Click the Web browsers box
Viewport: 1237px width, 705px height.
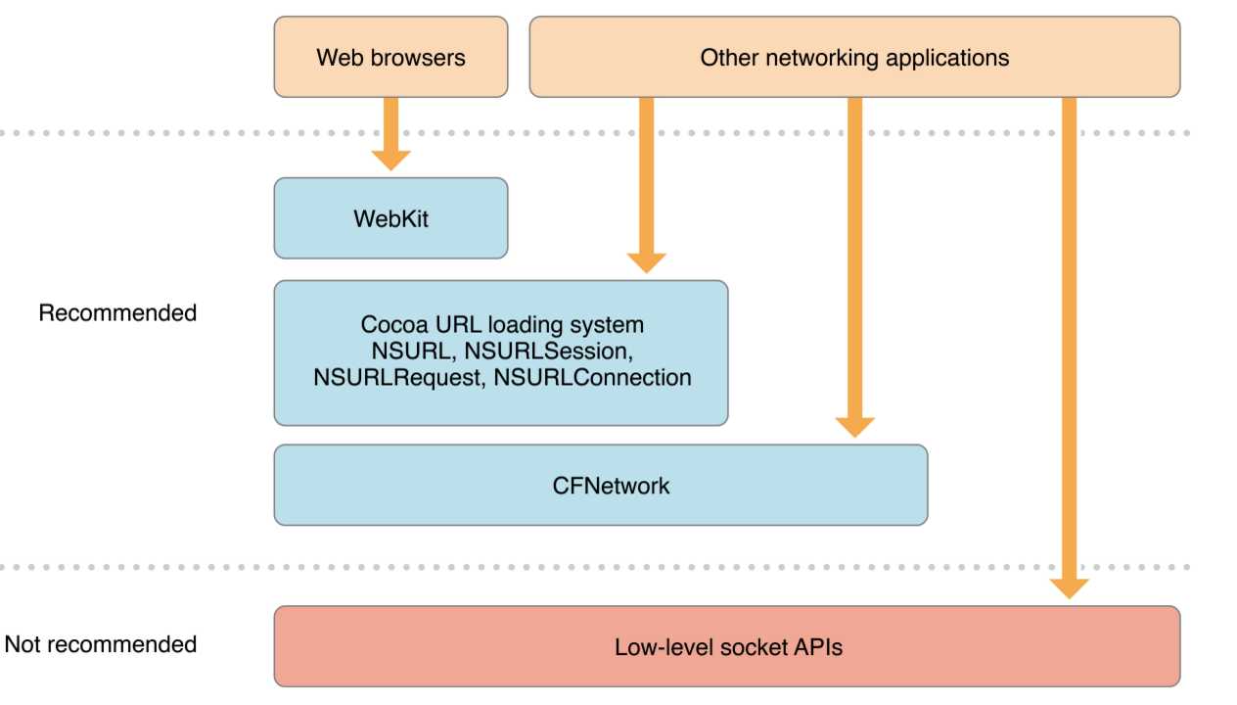(x=390, y=57)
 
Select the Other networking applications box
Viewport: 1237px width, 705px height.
(x=854, y=57)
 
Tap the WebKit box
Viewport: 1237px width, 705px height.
(x=390, y=217)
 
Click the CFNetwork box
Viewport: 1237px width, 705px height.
(x=600, y=485)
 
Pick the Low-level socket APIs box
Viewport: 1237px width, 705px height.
(x=727, y=646)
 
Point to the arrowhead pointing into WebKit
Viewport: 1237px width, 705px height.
(x=390, y=160)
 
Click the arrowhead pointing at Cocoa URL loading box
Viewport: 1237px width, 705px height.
(x=646, y=262)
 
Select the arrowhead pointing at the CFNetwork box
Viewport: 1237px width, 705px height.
(x=854, y=426)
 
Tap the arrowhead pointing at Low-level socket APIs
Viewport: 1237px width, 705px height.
(x=1069, y=587)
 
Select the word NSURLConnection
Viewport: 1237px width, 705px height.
(x=593, y=376)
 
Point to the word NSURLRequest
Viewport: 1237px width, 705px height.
(x=397, y=376)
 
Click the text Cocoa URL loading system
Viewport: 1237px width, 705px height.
(x=502, y=324)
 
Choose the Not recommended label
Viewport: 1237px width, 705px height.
(x=101, y=644)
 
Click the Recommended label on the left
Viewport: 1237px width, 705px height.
(x=117, y=313)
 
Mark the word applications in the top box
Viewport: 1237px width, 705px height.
(x=946, y=58)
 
